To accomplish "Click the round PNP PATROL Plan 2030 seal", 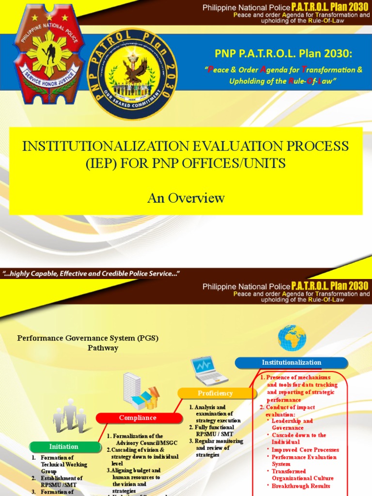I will click(x=139, y=74).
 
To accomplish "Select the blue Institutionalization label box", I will click(x=291, y=362).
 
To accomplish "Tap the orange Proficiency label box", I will click(x=215, y=393).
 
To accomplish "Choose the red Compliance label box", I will click(x=138, y=418).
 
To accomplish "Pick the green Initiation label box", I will click(x=63, y=447).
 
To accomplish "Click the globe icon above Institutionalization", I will click(x=292, y=338).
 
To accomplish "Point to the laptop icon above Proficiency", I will click(x=209, y=371).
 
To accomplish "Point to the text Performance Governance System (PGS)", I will click(x=88, y=338).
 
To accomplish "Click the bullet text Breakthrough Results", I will click(x=301, y=486).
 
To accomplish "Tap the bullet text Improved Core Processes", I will click(x=305, y=449).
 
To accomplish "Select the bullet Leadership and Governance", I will click(x=292, y=424).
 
